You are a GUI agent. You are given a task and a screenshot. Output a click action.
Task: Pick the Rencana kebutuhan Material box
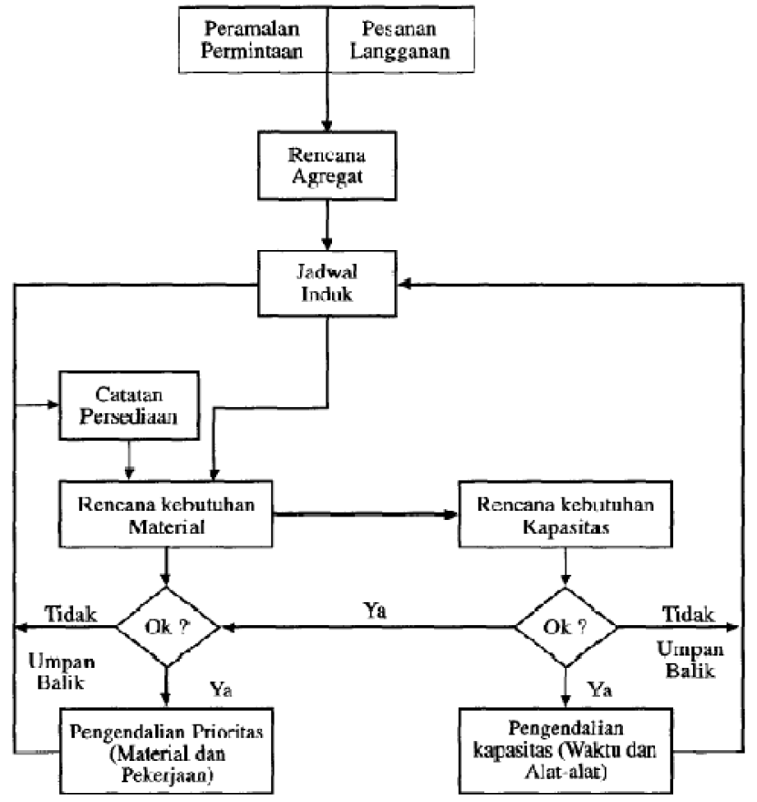(x=165, y=515)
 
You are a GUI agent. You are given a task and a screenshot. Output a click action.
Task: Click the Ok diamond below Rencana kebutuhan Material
(x=167, y=628)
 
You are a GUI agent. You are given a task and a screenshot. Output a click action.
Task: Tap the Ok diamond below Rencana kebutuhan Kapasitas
(x=565, y=628)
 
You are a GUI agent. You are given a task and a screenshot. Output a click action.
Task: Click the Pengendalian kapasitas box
(x=565, y=746)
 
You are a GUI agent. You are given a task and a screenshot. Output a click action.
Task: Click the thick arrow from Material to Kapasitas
(x=365, y=515)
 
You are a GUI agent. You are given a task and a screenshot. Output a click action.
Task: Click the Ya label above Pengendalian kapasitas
(x=600, y=685)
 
